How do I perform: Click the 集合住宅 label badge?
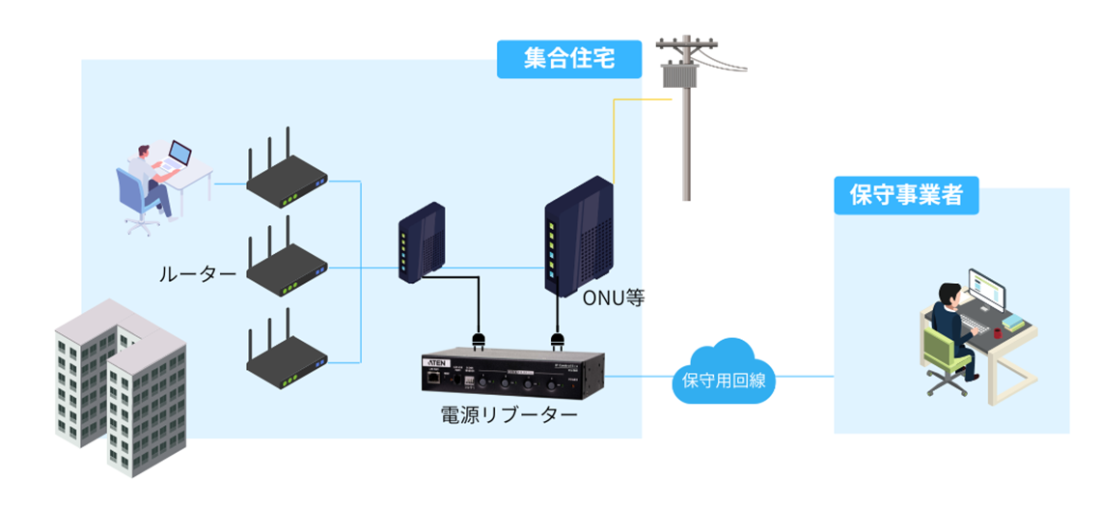tap(569, 59)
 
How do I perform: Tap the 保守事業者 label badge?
tap(905, 195)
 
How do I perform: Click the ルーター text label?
tap(198, 274)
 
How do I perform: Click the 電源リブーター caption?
tap(509, 416)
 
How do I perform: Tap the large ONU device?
tap(577, 237)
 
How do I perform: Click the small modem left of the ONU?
tap(422, 242)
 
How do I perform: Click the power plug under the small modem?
tap(478, 340)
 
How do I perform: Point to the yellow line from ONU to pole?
tap(615, 135)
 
